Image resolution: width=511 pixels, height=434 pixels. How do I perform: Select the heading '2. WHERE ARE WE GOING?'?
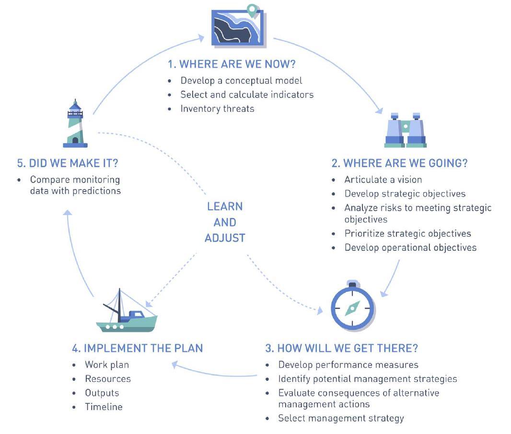[x=399, y=163]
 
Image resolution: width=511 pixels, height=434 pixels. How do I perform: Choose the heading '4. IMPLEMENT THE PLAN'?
[x=137, y=348]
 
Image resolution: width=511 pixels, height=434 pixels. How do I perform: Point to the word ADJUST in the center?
[x=225, y=238]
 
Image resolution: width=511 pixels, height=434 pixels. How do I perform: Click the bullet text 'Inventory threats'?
[x=217, y=108]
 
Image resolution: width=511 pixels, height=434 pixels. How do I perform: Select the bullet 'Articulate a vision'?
[x=383, y=180]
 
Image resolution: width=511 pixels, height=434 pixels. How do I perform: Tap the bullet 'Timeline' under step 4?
[x=104, y=407]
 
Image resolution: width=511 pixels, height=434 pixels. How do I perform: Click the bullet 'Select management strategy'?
[x=341, y=418]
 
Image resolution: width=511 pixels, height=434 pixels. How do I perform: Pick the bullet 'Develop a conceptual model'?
[x=241, y=80]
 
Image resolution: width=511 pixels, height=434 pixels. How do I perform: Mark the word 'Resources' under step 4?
[x=108, y=379]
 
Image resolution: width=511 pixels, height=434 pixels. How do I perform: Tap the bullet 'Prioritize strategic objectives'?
[x=407, y=233]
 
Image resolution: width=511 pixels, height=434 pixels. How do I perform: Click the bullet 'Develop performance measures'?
[x=348, y=364]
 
